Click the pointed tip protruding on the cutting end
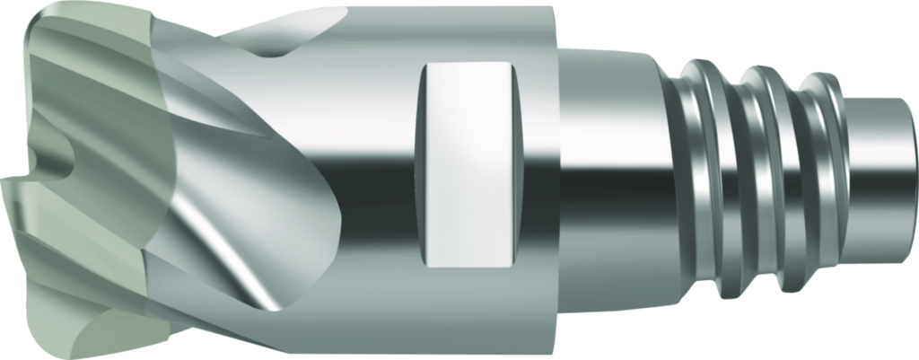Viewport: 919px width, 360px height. (9, 184)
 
